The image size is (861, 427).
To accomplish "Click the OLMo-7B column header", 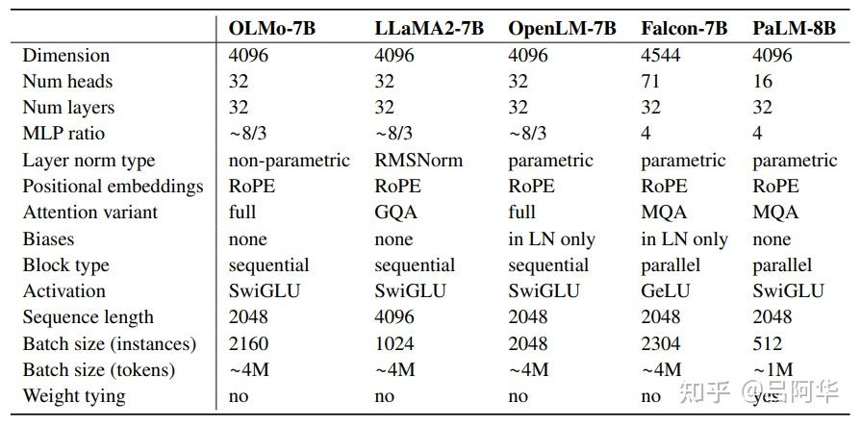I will tap(272, 28).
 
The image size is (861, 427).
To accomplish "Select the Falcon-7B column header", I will tap(685, 28).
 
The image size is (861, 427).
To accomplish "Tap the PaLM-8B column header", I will tap(793, 28).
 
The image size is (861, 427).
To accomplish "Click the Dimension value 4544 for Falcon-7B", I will tap(662, 55).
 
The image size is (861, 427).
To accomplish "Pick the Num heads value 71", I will tap(651, 82).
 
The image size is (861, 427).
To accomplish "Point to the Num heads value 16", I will tap(763, 82).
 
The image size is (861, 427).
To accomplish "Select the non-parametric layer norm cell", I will tap(290, 161).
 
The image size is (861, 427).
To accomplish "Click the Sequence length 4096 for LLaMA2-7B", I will tap(394, 317).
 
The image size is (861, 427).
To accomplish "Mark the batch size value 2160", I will tap(249, 343).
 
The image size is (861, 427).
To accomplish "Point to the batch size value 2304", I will tap(662, 343).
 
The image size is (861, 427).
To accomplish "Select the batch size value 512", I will tap(768, 343).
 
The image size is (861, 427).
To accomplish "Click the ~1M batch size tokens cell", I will tap(772, 369).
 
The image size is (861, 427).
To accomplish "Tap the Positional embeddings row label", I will tap(113, 187).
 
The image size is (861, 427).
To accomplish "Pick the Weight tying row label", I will tap(74, 395).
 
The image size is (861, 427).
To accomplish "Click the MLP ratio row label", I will tap(63, 134).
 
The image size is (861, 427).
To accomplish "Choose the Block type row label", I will tap(66, 265).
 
